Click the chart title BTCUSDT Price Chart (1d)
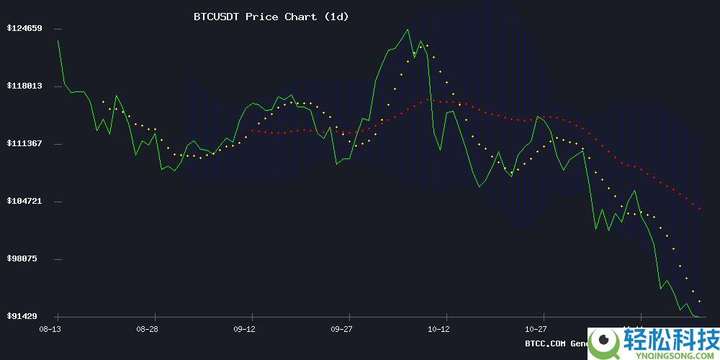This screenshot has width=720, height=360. coord(271,17)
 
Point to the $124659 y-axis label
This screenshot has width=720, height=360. coord(24,29)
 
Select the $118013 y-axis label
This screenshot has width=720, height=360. coord(24,86)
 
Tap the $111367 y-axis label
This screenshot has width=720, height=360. coord(24,144)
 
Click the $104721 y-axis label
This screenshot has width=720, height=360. coord(24,202)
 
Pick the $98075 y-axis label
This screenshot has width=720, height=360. coord(27,259)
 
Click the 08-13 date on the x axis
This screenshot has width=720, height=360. coord(50,329)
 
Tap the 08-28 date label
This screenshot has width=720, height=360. coord(147,329)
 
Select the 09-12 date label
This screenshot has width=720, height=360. coord(244,329)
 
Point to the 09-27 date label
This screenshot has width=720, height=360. coord(341,329)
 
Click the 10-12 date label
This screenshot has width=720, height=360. coord(438,329)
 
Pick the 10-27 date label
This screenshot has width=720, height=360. coord(536,329)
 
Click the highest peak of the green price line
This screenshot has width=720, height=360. coord(408,30)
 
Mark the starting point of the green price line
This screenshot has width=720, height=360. coord(58,41)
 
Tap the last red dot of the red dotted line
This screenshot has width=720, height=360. coord(700,208)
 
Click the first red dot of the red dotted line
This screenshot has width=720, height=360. coord(251,130)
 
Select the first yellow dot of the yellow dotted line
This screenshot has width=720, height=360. coord(103,102)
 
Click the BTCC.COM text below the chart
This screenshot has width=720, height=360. coord(546,343)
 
